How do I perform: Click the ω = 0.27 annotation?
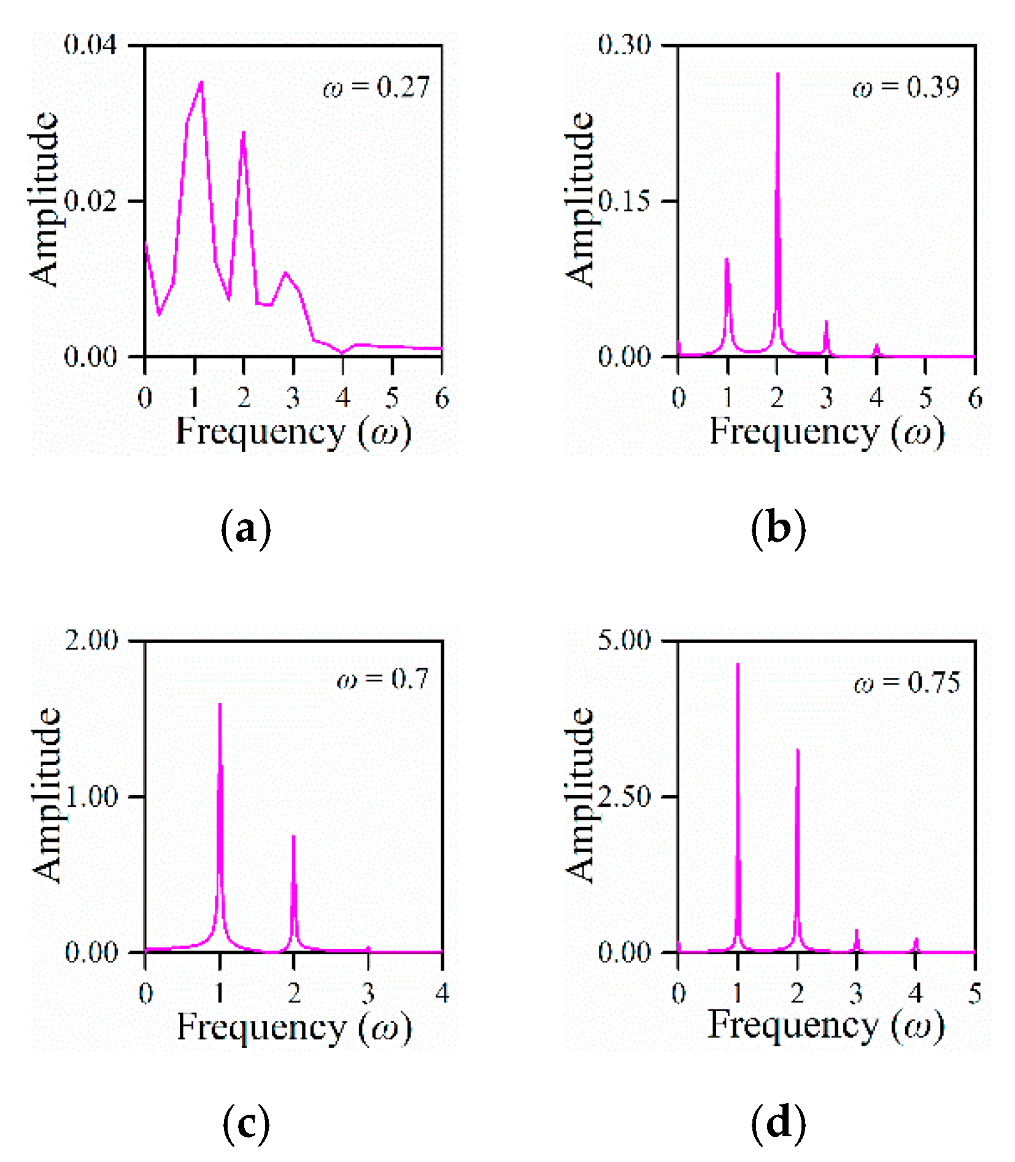pos(376,88)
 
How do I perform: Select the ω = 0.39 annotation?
pos(906,88)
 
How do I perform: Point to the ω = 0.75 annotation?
pos(907,683)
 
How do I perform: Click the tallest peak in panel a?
pos(201,82)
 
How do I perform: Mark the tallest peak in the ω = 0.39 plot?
pos(778,74)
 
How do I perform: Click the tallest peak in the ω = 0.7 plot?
pos(220,705)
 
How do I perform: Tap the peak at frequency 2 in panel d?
pos(797,750)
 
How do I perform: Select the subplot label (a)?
pos(245,528)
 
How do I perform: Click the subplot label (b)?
pos(778,528)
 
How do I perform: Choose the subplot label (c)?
pos(245,1123)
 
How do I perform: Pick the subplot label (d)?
pos(778,1123)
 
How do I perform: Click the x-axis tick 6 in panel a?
pos(442,399)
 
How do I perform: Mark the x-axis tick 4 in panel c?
pos(442,993)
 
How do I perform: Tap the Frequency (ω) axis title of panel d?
pos(826,1025)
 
